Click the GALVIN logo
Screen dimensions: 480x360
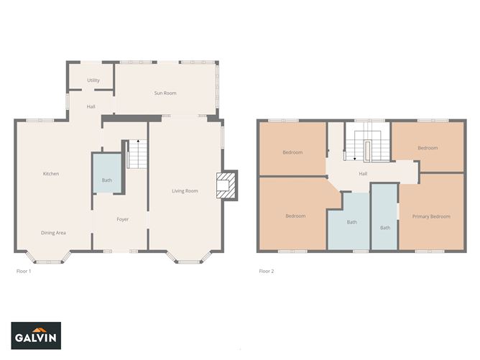point(36,336)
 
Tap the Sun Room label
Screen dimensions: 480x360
point(165,93)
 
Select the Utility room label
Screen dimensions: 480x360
point(93,80)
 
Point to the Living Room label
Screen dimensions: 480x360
point(185,191)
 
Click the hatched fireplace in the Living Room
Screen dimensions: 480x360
point(226,185)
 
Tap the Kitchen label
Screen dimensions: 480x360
point(51,174)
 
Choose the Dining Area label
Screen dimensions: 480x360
point(53,233)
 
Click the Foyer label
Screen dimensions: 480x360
point(122,219)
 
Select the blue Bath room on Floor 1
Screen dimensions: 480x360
point(107,173)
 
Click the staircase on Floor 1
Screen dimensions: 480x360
point(137,154)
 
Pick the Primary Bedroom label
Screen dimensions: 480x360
point(431,216)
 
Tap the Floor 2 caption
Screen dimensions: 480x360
point(267,271)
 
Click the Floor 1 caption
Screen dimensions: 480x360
point(24,271)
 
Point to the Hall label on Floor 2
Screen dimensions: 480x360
point(363,174)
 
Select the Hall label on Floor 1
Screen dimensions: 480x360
point(91,106)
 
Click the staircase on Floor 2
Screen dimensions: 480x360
point(367,147)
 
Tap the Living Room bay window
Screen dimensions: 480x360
point(188,257)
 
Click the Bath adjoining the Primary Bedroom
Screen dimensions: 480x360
point(384,216)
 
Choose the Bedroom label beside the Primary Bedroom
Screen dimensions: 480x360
point(428,148)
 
